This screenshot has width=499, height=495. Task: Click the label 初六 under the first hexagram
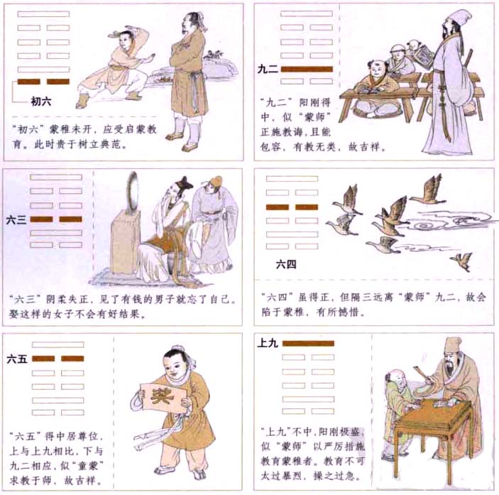40,102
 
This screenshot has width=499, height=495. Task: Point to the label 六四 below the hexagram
286,265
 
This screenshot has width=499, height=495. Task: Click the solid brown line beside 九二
307,70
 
